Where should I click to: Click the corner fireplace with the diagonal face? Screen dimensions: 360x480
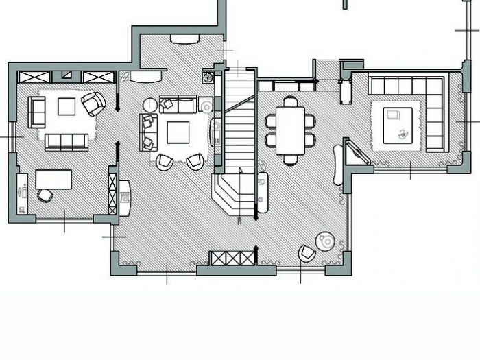[x=357, y=152]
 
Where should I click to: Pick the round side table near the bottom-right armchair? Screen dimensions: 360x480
[x=324, y=241]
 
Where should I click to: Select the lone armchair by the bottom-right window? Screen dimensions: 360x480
[x=307, y=253]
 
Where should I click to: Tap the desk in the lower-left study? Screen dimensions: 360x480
[x=53, y=178]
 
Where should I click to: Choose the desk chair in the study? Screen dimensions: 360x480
[x=45, y=195]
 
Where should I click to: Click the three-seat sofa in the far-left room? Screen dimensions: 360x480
[x=66, y=142]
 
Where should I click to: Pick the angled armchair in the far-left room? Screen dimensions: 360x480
[x=93, y=104]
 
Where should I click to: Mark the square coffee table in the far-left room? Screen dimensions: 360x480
[x=67, y=106]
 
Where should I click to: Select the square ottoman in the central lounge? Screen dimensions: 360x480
[x=179, y=131]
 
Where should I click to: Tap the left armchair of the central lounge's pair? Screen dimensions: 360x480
[x=165, y=162]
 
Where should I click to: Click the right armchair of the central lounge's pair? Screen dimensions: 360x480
[x=195, y=162]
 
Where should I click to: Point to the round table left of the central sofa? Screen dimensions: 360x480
[x=150, y=105]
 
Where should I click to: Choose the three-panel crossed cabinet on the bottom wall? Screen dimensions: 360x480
[x=232, y=259]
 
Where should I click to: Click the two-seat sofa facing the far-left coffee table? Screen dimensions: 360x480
[x=36, y=110]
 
